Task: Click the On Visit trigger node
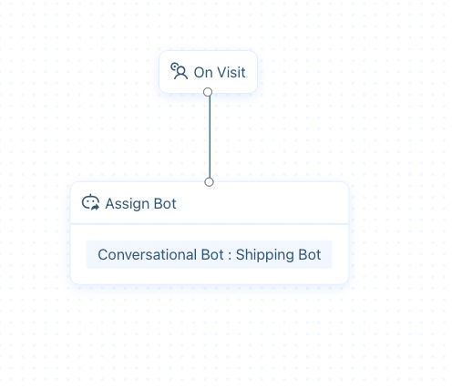(208, 72)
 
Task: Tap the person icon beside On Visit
(179, 71)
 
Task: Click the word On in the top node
(203, 73)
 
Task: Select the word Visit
(231, 73)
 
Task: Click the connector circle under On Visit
(208, 92)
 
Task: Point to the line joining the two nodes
(210, 137)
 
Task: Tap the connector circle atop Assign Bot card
(209, 182)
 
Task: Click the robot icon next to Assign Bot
(90, 202)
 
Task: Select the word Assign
(128, 204)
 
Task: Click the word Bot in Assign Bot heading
(165, 203)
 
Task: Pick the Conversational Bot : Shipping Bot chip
(209, 254)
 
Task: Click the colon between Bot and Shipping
(230, 256)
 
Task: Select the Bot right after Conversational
(212, 254)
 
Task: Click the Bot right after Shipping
(310, 254)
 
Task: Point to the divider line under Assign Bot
(210, 224)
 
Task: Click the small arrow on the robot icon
(95, 207)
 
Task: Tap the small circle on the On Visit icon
(174, 66)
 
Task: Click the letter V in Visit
(221, 73)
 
